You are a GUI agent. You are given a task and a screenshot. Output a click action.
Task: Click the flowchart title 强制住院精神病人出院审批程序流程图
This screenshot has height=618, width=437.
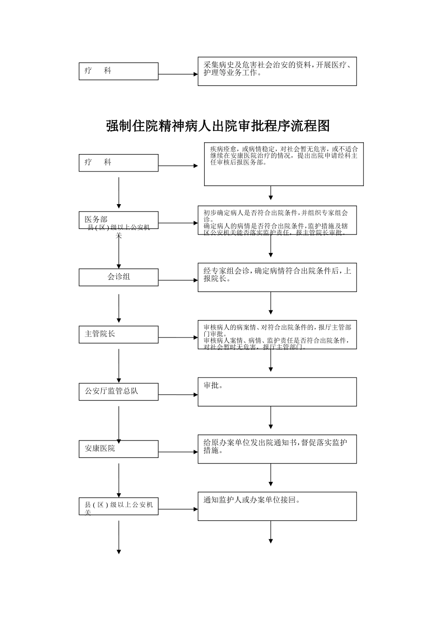[x=218, y=126]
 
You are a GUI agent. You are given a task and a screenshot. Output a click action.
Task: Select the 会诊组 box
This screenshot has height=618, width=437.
[x=119, y=277]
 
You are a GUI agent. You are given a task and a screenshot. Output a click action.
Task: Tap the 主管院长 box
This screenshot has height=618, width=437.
[x=119, y=334]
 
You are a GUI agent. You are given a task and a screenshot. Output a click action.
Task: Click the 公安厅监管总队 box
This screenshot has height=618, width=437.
[x=119, y=391]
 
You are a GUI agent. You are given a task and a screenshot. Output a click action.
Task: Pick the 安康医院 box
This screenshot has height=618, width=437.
[x=119, y=449]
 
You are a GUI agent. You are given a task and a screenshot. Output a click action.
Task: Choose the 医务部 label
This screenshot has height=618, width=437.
[x=96, y=219]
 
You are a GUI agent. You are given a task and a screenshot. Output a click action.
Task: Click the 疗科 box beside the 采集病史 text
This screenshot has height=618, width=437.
[x=119, y=71]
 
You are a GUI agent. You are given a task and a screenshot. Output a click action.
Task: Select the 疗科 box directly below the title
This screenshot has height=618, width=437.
[x=119, y=163]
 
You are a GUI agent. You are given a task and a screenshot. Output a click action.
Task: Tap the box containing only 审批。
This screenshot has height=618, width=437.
[x=277, y=392]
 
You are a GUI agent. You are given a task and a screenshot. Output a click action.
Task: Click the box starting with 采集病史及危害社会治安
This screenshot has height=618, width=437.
[x=277, y=71]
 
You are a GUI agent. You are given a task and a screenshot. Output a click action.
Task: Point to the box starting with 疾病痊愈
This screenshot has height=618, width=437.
[x=284, y=164]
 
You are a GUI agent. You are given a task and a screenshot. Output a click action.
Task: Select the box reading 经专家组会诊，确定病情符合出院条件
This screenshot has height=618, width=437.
[x=277, y=277]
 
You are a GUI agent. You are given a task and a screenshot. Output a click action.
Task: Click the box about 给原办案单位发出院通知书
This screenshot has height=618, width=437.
[x=277, y=449]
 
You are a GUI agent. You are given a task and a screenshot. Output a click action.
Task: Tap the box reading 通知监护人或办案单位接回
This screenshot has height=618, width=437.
[x=277, y=506]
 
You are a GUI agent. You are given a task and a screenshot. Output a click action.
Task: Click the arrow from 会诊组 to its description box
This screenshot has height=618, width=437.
[x=178, y=280]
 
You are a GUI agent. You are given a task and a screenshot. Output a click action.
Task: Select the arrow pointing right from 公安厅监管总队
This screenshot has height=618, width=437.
[x=178, y=395]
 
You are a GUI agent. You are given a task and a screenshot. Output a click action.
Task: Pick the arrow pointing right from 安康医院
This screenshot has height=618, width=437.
[x=178, y=452]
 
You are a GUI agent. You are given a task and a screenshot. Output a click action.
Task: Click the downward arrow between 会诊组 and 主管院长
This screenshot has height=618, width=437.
[x=119, y=308]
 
